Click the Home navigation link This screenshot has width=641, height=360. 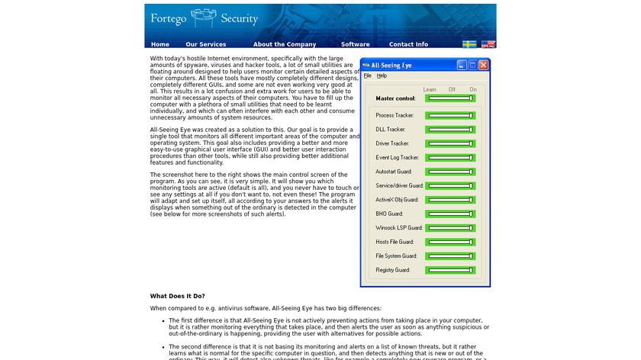click(x=160, y=44)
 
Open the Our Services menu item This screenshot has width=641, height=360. click(x=205, y=44)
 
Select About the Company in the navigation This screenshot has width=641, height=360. click(x=285, y=44)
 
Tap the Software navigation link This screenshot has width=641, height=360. click(x=355, y=44)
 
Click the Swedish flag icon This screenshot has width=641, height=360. click(x=470, y=44)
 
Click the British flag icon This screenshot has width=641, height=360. click(x=488, y=44)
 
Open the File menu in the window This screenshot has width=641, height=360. click(x=367, y=76)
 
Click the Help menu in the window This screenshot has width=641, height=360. click(x=382, y=76)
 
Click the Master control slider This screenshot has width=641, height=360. click(x=450, y=98)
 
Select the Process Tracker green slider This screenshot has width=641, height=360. click(x=450, y=115)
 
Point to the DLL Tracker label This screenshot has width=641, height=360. click(x=391, y=130)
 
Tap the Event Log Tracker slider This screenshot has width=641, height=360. click(x=450, y=157)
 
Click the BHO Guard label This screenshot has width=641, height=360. click(x=388, y=214)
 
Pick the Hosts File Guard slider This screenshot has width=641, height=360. click(x=450, y=242)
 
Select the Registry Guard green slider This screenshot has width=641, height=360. click(x=450, y=270)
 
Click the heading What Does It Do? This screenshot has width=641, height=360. click(x=177, y=296)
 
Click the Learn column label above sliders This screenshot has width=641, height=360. click(x=430, y=89)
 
